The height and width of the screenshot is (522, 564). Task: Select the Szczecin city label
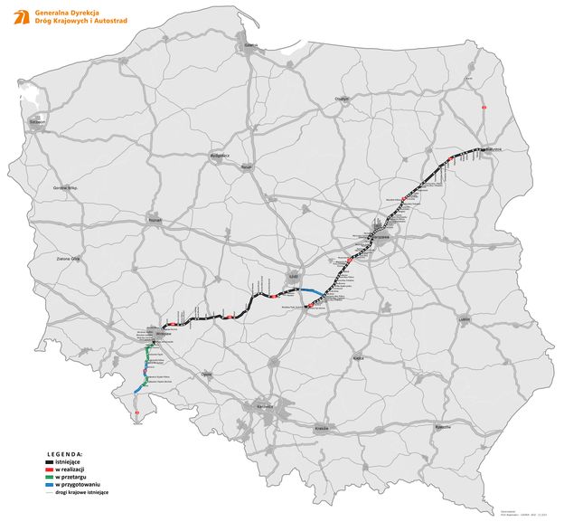pos(36,119)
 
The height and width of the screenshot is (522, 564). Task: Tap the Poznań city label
pos(154,218)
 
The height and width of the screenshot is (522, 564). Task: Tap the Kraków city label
pos(322,425)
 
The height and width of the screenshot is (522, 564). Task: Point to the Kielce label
pos(359,359)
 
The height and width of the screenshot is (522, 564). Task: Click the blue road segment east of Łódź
pos(307,291)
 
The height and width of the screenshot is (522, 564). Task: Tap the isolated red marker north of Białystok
pos(484,108)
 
